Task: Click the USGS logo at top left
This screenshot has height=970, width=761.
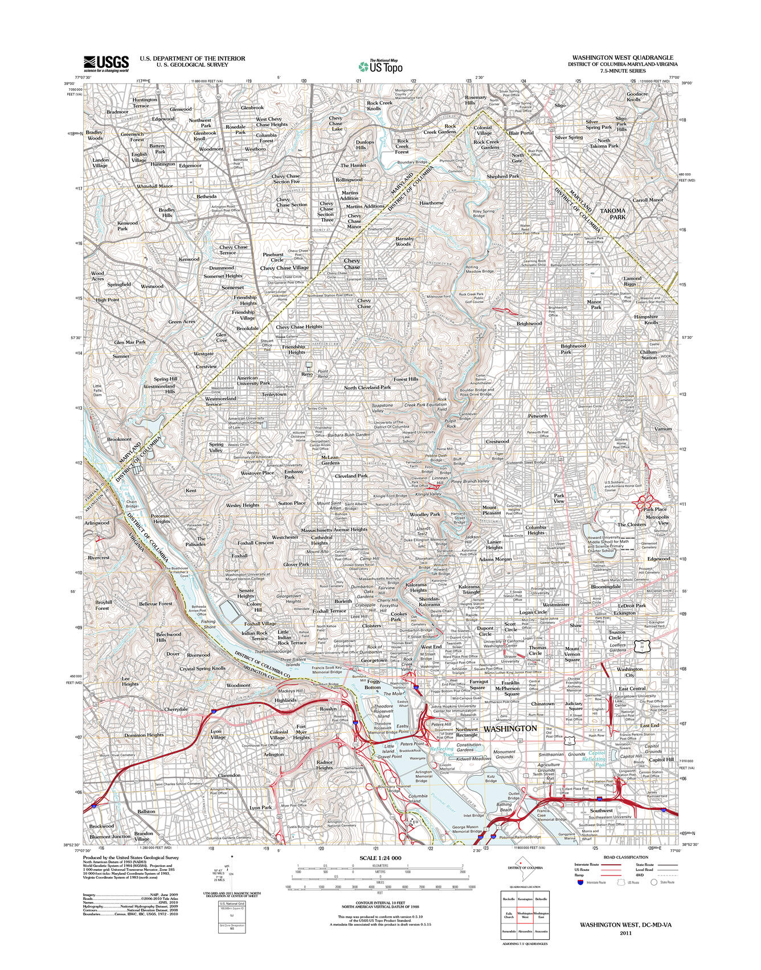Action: click(107, 63)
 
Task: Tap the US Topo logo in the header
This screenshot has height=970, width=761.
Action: click(380, 67)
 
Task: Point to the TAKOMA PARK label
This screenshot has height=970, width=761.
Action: click(613, 214)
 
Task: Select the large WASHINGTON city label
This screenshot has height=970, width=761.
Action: click(510, 728)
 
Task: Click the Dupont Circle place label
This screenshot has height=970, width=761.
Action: click(485, 631)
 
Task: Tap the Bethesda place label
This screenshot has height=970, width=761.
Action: click(206, 197)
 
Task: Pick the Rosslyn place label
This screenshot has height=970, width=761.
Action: click(328, 709)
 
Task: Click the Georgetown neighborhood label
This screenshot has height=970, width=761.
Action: click(374, 660)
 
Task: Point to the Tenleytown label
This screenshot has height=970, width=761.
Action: click(274, 394)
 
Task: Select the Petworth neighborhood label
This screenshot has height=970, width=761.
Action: click(538, 416)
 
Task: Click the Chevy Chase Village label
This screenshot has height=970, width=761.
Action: click(284, 268)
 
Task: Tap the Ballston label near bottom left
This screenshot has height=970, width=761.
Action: click(146, 811)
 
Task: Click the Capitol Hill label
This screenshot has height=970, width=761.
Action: click(661, 759)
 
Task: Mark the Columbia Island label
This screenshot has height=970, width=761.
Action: click(418, 799)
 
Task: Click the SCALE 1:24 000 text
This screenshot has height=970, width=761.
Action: click(380, 858)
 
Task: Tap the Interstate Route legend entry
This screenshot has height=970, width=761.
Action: click(586, 865)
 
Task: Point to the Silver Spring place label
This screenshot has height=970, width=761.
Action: click(568, 137)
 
